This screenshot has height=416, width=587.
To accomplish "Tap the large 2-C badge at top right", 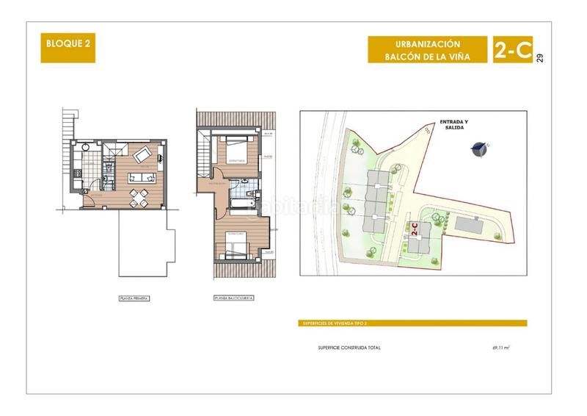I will [x=512, y=49].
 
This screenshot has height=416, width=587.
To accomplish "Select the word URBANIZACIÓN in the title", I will [x=427, y=43].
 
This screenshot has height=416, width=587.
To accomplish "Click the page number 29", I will [x=541, y=58].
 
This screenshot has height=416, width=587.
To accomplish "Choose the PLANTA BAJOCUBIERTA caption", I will [x=233, y=299].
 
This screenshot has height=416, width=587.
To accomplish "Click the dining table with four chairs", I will [x=138, y=196].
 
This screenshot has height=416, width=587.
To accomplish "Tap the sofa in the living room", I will [x=140, y=177].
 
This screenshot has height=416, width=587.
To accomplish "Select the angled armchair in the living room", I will [x=143, y=154].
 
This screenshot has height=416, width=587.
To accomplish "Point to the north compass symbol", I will [x=479, y=148].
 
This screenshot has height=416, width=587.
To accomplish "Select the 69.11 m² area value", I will [x=501, y=347].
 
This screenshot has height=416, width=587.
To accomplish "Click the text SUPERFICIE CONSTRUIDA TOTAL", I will [x=349, y=347].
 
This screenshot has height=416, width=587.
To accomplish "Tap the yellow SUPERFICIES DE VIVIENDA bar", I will [x=413, y=323].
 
